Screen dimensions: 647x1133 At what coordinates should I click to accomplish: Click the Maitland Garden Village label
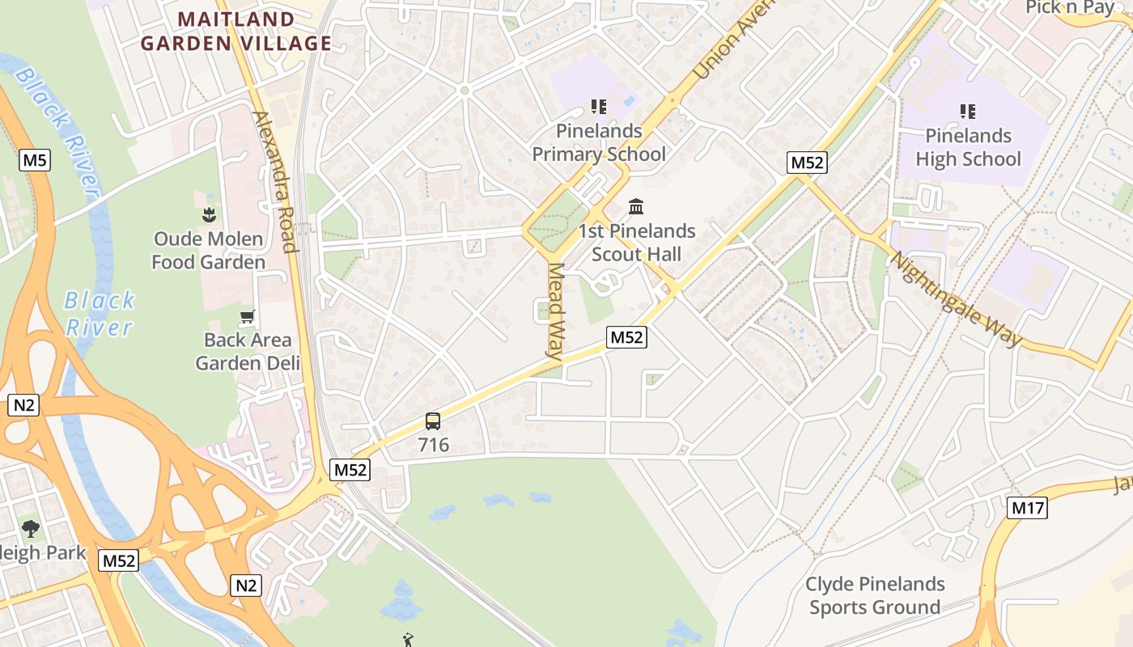tap(236, 31)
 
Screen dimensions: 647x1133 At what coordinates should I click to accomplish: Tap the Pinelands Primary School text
tap(599, 142)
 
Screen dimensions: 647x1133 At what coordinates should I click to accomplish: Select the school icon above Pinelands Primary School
tap(599, 106)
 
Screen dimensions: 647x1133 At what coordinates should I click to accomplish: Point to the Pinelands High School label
tap(969, 147)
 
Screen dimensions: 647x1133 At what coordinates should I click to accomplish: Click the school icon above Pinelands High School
tap(968, 111)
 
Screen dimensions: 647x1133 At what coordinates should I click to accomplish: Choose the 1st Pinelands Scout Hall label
tap(636, 243)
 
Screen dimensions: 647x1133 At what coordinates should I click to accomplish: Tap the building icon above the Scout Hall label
tap(636, 207)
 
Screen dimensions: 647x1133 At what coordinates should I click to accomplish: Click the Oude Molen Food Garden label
tap(209, 251)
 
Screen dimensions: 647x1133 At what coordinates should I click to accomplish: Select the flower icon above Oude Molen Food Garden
tap(209, 214)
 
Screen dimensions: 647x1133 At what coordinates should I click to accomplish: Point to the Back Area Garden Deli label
tap(248, 351)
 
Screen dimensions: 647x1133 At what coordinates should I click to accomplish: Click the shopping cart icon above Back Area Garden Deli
tap(248, 316)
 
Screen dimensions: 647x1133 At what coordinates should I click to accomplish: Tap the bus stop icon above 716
tap(433, 421)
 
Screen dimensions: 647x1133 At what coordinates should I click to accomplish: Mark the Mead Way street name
tap(555, 311)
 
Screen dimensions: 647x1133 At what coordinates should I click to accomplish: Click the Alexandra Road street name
tap(276, 181)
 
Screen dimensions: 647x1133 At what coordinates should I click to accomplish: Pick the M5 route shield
tap(35, 160)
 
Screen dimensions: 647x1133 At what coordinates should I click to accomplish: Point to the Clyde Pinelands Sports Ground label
tap(875, 595)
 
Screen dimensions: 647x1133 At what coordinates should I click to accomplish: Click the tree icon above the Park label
tap(31, 529)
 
